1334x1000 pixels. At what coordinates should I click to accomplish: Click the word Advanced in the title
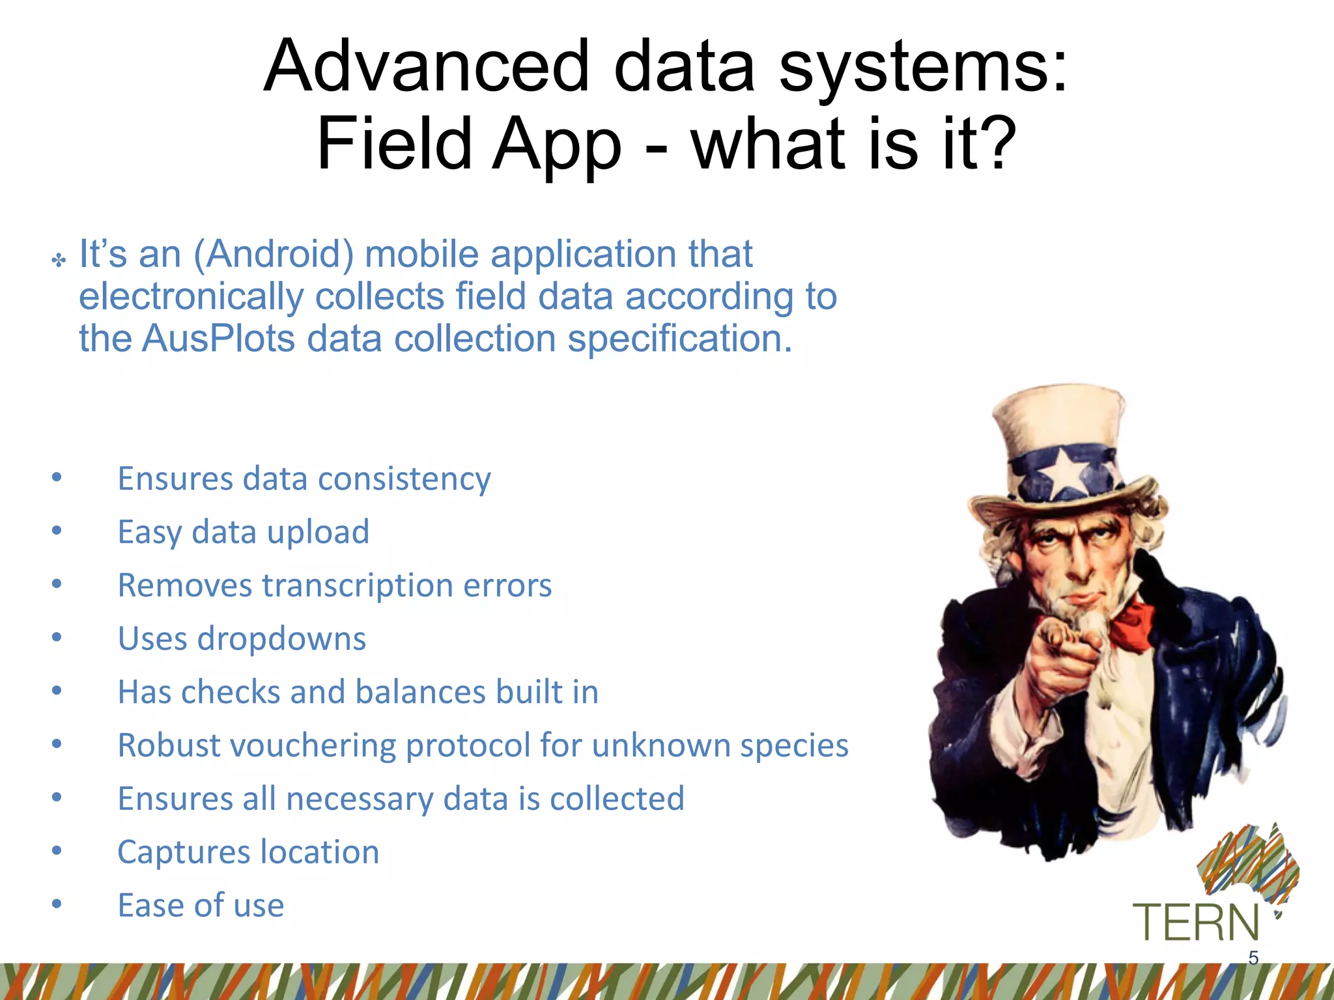tap(427, 66)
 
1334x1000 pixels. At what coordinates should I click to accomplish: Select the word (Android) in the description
tap(274, 254)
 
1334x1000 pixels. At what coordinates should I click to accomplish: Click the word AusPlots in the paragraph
tap(218, 339)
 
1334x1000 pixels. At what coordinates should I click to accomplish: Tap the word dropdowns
tap(281, 639)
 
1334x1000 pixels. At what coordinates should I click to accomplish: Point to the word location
tap(320, 852)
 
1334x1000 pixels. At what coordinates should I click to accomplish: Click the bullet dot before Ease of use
tap(57, 904)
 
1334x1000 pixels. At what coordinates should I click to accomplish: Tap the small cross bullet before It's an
tap(59, 261)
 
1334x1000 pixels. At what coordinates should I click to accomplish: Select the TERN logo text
tap(1196, 923)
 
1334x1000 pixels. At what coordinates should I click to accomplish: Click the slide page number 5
tap(1253, 958)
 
